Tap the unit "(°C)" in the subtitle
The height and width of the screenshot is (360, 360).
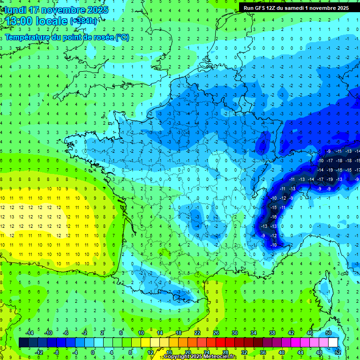coord(122,37)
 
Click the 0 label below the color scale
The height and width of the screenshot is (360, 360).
coord(93,352)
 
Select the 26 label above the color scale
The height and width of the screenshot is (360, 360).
coord(216,333)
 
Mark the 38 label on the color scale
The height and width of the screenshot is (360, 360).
coord(272,333)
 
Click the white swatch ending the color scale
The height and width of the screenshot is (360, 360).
coord(333,342)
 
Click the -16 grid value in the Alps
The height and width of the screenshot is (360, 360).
coord(273,217)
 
